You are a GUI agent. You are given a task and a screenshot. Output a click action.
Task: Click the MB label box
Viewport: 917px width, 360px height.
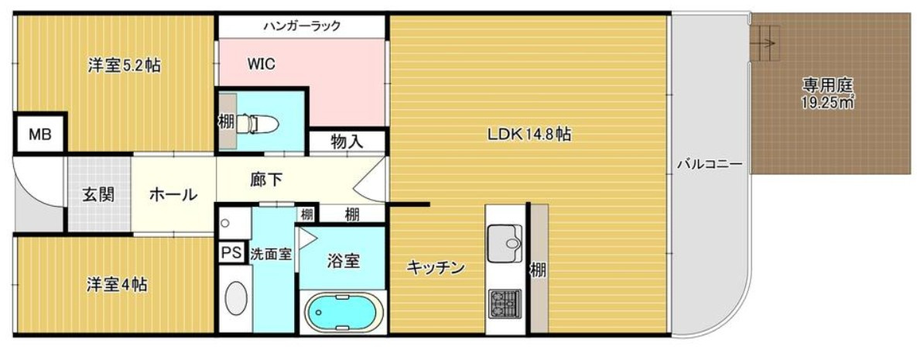tap(39, 135)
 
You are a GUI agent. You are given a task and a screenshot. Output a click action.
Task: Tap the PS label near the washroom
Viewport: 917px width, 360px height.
tap(231, 252)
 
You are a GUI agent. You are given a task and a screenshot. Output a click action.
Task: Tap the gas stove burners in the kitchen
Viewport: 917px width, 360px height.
tap(505, 305)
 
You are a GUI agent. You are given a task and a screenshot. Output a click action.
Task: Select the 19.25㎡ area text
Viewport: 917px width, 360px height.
tap(827, 101)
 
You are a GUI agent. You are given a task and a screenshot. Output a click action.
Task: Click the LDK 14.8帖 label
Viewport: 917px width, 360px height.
tap(529, 134)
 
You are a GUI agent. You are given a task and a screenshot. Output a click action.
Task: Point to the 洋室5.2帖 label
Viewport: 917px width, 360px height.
tap(124, 66)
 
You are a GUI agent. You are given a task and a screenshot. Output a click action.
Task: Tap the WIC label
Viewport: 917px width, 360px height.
tap(262, 63)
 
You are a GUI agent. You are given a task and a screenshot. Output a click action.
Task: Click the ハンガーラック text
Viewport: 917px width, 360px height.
tap(302, 26)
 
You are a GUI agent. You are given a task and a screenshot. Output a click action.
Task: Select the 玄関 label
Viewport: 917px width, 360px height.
tap(98, 194)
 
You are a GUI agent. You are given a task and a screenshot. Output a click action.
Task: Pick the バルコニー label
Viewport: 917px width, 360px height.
tap(710, 164)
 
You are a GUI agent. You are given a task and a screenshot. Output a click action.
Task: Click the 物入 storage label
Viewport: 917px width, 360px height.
tap(347, 142)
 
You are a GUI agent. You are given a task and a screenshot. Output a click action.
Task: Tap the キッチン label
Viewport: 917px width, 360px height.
tap(436, 268)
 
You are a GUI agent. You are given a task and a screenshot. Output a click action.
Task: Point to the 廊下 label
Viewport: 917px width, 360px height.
tap(267, 180)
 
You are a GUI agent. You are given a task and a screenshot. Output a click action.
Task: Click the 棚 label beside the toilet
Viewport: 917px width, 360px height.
tap(226, 122)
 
